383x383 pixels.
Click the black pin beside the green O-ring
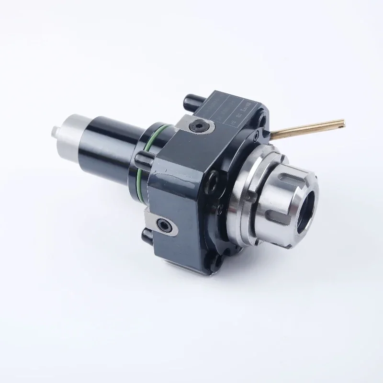coord(140,159)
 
